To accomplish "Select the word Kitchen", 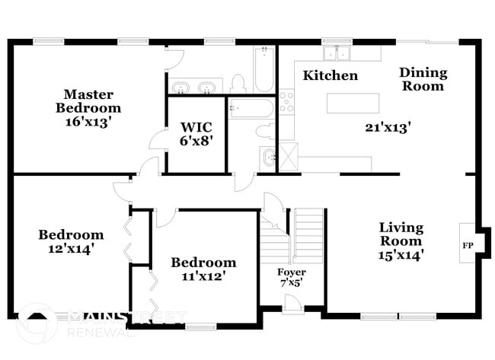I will pos(330,75).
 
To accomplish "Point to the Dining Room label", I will pos(423,79).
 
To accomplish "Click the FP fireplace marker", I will pos(467,246).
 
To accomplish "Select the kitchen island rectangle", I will pos(353,101).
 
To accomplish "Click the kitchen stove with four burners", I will pos(286,101).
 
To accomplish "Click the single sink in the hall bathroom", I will pos(269,157).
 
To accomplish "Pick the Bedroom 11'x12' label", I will pos(203,269).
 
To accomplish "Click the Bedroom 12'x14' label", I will pos(71,241).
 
